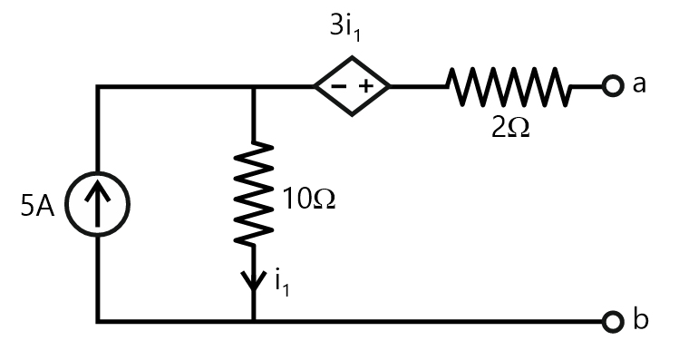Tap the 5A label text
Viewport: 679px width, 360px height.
point(37,208)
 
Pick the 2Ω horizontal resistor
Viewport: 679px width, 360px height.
point(508,87)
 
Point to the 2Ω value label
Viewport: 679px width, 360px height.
point(510,127)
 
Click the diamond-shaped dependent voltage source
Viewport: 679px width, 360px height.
point(352,87)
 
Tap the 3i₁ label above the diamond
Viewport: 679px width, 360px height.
point(351,27)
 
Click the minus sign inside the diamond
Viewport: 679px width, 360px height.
point(336,87)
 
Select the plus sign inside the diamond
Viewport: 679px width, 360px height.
point(367,87)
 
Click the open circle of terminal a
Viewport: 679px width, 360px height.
point(613,87)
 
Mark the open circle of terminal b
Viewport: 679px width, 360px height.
point(613,321)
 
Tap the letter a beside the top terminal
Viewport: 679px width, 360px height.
point(640,85)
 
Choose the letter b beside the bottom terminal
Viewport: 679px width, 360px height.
point(641,319)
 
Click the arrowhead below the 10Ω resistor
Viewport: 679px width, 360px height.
point(254,277)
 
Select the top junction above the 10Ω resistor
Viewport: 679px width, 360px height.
point(254,87)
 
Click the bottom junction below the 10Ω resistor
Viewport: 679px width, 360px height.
point(254,321)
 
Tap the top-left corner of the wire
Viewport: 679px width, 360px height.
point(99,87)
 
